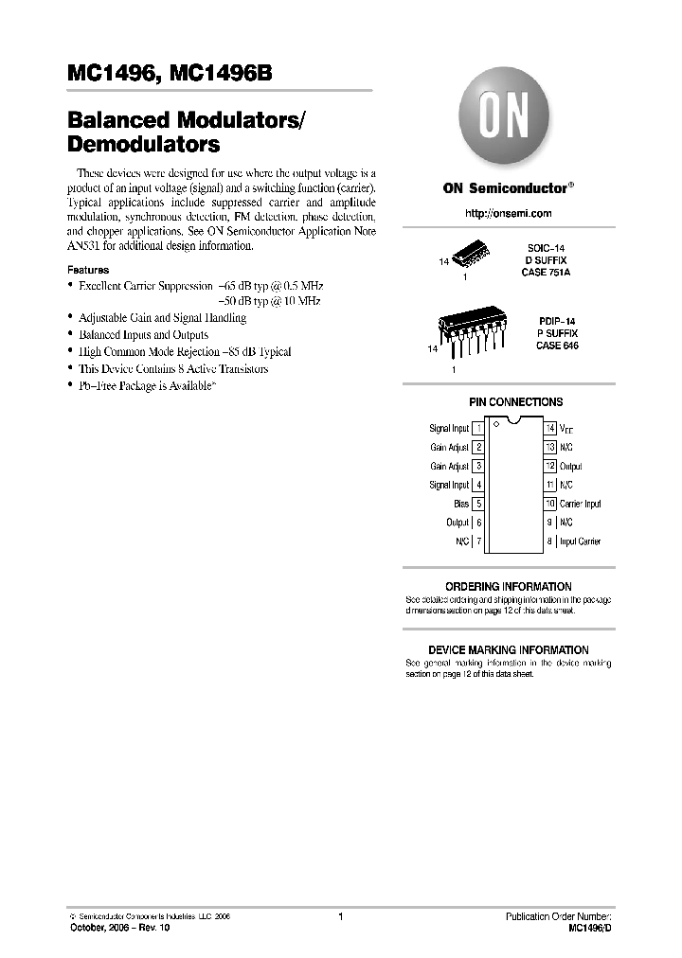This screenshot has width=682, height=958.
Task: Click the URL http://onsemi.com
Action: pyautogui.click(x=508, y=215)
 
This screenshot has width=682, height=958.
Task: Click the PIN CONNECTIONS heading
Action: pyautogui.click(x=515, y=402)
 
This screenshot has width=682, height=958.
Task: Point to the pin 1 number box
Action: pyautogui.click(x=478, y=429)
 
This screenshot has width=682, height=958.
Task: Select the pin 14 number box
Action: pyautogui.click(x=549, y=429)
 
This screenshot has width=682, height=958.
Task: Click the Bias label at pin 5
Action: pyautogui.click(x=461, y=504)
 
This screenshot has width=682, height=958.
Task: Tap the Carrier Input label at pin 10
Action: pyautogui.click(x=580, y=504)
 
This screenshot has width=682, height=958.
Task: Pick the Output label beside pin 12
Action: pyautogui.click(x=570, y=467)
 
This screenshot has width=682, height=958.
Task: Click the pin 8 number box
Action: pyautogui.click(x=549, y=541)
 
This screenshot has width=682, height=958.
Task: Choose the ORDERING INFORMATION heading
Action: pyautogui.click(x=509, y=587)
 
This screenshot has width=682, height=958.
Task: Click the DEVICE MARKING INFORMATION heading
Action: pyautogui.click(x=509, y=650)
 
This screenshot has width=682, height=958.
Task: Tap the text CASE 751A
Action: pyautogui.click(x=547, y=272)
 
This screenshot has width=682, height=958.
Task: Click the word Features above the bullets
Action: pyautogui.click(x=87, y=270)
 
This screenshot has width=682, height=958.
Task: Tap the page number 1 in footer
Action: pyautogui.click(x=340, y=916)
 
